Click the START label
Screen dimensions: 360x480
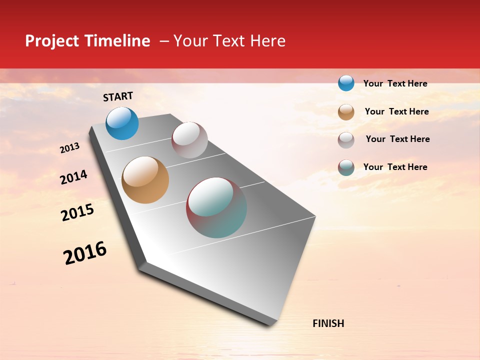[x=118, y=96]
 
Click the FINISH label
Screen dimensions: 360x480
[x=328, y=323]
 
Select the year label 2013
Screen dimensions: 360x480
[x=69, y=148]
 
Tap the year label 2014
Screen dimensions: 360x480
[x=73, y=177]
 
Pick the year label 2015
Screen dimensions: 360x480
[x=77, y=213]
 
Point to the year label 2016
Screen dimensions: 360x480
[x=85, y=253]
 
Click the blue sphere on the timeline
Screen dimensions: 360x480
[x=122, y=123]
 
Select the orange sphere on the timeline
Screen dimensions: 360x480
[x=145, y=180]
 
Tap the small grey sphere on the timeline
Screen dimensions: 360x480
[x=189, y=140]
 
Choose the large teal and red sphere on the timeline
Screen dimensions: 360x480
[x=216, y=207]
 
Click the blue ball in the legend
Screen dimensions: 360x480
[x=346, y=83]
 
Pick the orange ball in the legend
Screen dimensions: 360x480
[x=346, y=112]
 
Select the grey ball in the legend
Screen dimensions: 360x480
[x=346, y=140]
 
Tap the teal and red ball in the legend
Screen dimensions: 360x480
[x=346, y=167]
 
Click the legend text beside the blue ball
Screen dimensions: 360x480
[x=395, y=83]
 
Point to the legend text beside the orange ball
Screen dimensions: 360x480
[x=396, y=111]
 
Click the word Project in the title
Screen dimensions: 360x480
[x=51, y=41]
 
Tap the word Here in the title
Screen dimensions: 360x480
[x=267, y=41]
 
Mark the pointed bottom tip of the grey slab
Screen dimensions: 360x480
[x=270, y=324]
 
